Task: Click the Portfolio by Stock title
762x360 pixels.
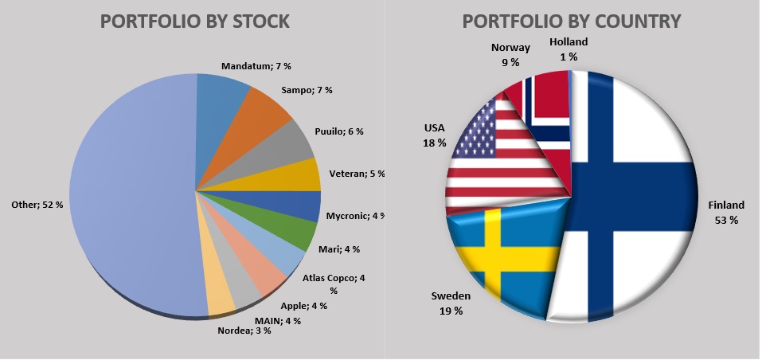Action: pyautogui.click(x=194, y=22)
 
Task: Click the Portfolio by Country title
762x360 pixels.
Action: pyautogui.click(x=572, y=22)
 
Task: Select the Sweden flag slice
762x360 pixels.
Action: pyautogui.click(x=502, y=255)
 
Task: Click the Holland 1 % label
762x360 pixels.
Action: pyautogui.click(x=569, y=49)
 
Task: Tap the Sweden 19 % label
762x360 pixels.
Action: pyautogui.click(x=451, y=303)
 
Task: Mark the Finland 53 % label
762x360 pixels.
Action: pyautogui.click(x=726, y=212)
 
